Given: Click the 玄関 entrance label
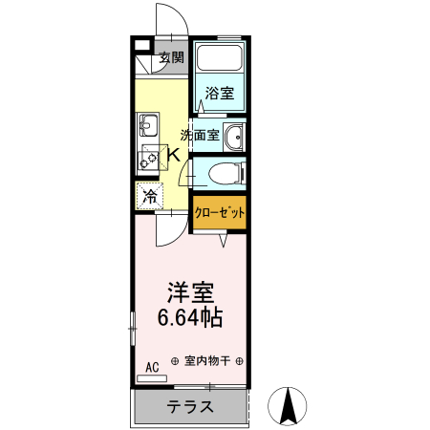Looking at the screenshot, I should pyautogui.click(x=172, y=57).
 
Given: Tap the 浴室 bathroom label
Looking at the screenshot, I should pyautogui.click(x=220, y=94).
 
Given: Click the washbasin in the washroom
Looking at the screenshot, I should pyautogui.click(x=234, y=136).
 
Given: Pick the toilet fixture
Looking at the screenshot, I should pyautogui.click(x=222, y=174).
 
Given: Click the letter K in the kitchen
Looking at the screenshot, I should pyautogui.click(x=174, y=155).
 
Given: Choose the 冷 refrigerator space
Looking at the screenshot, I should pyautogui.click(x=149, y=197).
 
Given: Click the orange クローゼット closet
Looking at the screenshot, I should pyautogui.click(x=220, y=212).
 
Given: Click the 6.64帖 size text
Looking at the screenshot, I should pyautogui.click(x=191, y=318).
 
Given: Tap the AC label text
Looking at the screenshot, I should pyautogui.click(x=153, y=366).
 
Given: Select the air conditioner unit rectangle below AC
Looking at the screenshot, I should pyautogui.click(x=152, y=378).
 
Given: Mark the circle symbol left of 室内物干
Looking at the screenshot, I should pyautogui.click(x=175, y=361).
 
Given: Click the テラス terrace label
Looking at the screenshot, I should pyautogui.click(x=189, y=407).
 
